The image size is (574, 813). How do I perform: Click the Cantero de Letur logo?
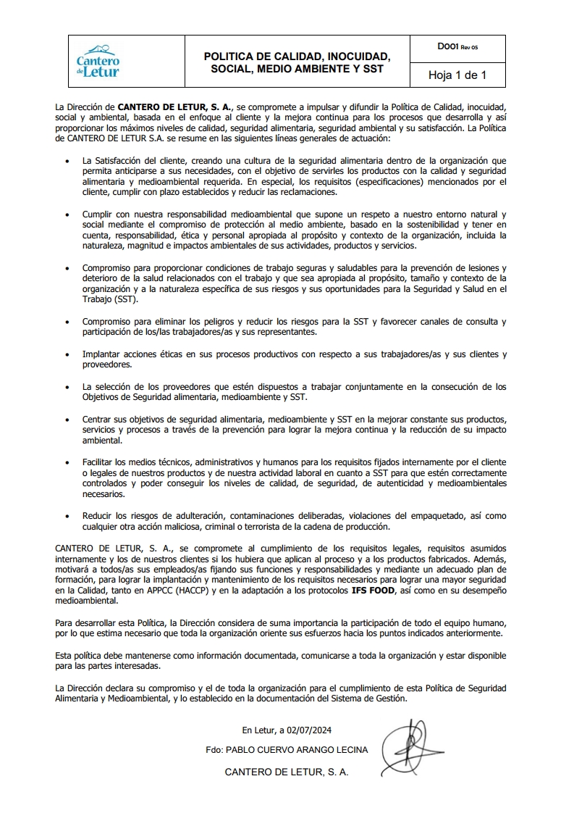tap(98, 62)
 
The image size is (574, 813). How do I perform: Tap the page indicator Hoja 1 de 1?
tap(457, 75)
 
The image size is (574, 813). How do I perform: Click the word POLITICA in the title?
tap(232, 56)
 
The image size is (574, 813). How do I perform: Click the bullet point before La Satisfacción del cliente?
tap(67, 160)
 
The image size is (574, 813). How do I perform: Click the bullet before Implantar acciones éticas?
tap(67, 355)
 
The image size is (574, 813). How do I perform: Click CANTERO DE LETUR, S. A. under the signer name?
tap(287, 772)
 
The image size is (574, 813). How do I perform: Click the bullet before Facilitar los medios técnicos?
tap(67, 462)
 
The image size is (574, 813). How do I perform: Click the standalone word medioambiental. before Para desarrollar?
tap(86, 601)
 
